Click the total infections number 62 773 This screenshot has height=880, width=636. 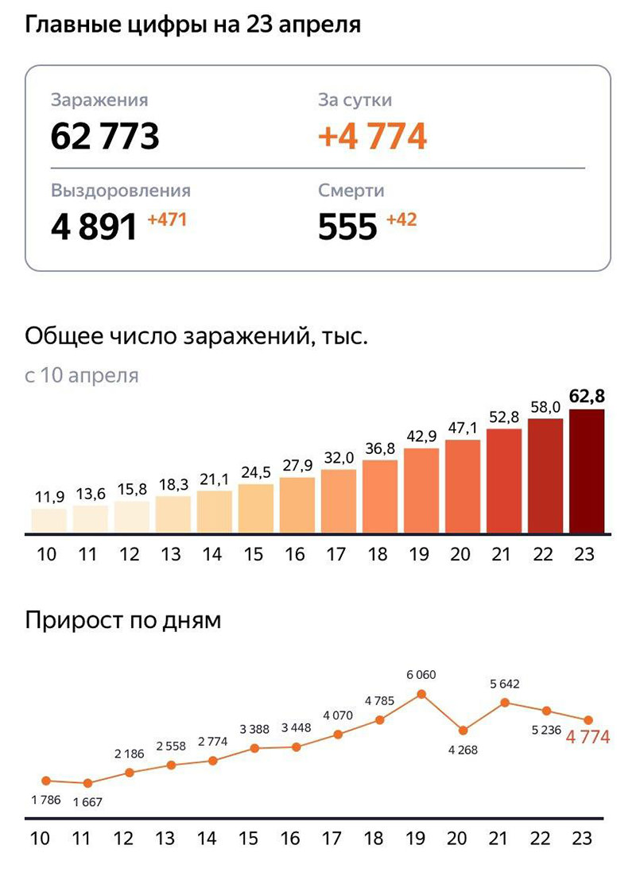105,137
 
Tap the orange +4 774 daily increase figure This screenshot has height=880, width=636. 372,137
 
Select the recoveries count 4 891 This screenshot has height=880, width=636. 95,227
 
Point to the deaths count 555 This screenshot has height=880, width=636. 347,227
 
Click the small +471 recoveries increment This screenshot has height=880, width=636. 167,219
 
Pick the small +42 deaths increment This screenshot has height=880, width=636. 401,219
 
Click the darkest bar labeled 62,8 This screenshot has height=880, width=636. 587,471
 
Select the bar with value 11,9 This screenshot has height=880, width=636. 48,521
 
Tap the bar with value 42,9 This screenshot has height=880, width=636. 421,490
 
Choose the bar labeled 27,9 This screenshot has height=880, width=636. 297,505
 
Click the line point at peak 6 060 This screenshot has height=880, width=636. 421,694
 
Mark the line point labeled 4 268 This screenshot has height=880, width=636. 463,730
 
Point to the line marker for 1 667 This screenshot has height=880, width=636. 87,783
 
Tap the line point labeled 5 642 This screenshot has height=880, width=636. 505,702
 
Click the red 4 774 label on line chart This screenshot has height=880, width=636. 588,738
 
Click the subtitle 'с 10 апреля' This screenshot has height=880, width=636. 82,375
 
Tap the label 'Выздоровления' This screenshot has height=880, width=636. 121,191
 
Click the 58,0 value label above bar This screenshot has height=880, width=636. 545,407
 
